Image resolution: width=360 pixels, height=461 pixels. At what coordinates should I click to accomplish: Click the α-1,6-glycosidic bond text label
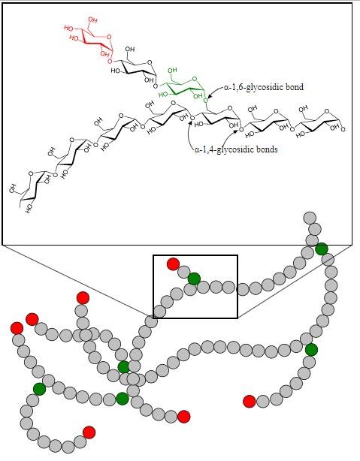[x=264, y=87]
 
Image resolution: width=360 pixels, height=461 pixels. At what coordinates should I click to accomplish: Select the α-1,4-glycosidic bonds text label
[x=236, y=149]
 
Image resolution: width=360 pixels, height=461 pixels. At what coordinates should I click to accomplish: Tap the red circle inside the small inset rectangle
[x=173, y=264]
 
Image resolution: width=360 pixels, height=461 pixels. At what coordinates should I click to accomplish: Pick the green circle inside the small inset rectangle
[x=194, y=279]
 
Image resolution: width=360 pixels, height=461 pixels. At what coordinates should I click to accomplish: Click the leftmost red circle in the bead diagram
[x=17, y=328]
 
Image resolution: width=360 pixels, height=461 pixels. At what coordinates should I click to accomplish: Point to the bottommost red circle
[x=89, y=432]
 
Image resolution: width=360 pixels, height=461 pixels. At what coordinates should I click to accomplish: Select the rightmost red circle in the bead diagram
[x=250, y=402]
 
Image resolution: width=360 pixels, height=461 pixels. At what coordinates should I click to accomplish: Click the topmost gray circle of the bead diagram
[x=310, y=218]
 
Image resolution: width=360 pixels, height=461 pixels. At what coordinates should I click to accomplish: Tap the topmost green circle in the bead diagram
[x=322, y=249]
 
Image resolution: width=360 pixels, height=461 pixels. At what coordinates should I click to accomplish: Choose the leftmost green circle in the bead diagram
[x=39, y=389]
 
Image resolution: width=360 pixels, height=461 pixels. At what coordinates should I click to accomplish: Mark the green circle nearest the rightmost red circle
[x=311, y=350]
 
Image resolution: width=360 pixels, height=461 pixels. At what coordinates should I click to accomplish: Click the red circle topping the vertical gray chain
[x=83, y=298]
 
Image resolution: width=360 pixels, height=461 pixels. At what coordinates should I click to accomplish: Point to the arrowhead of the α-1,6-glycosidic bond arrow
[x=209, y=96]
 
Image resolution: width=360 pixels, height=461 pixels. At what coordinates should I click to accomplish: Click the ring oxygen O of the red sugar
[x=109, y=37]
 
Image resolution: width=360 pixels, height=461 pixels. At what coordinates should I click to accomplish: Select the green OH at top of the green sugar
[x=172, y=71]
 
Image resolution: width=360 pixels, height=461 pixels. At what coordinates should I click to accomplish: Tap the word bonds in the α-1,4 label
[x=266, y=149]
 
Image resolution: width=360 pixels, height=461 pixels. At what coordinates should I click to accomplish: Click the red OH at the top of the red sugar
[x=92, y=20]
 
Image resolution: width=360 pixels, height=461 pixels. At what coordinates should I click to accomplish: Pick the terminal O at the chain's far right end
[x=343, y=129]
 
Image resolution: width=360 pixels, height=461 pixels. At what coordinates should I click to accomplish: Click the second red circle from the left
[x=32, y=319]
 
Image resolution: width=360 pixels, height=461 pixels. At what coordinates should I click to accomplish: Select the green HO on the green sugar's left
[x=163, y=95]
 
